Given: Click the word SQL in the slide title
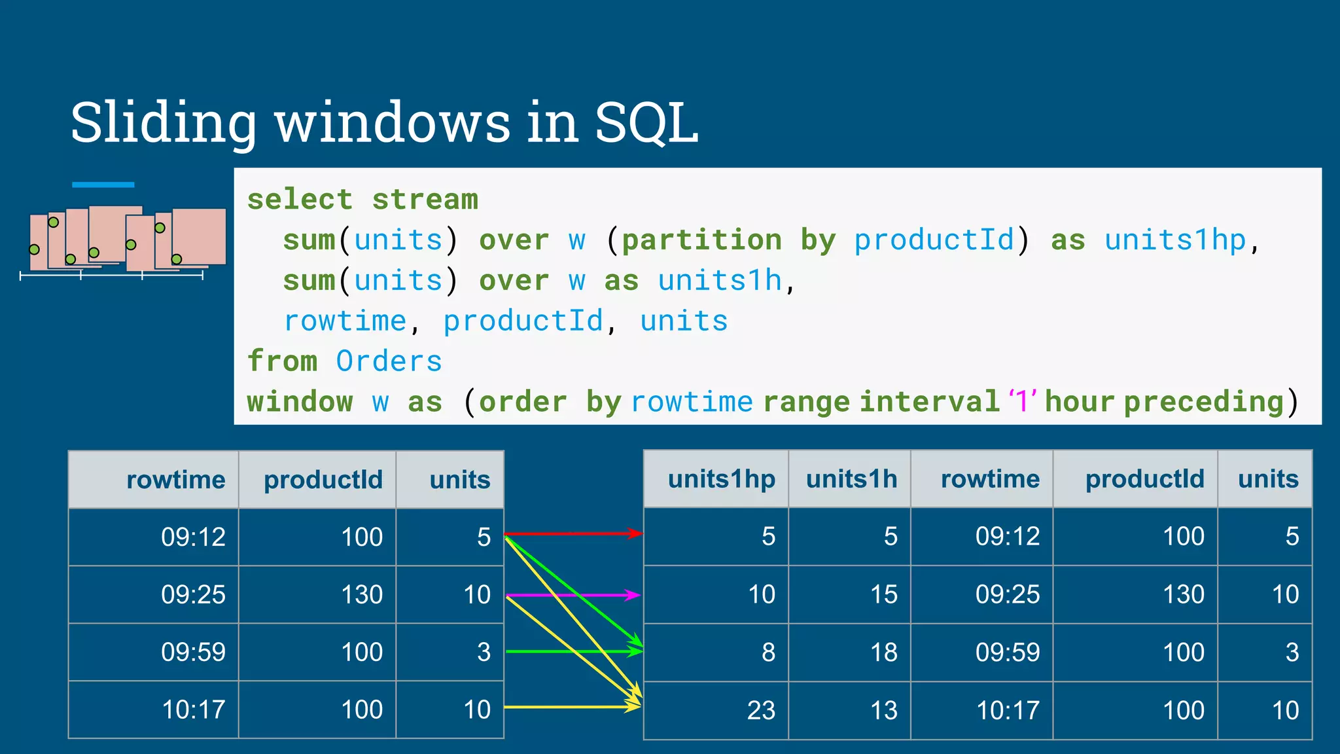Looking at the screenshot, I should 646,122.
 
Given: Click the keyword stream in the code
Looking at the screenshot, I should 425,200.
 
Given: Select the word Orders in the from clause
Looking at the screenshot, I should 389,361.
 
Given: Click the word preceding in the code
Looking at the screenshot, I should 1204,402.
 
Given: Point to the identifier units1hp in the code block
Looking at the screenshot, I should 1174,240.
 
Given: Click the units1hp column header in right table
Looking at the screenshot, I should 721,479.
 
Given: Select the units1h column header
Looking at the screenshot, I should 851,479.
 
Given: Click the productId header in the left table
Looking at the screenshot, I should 323,480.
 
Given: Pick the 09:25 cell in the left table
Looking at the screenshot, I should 193,594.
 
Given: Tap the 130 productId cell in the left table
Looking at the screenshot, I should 361,594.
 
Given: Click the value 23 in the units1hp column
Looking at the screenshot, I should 761,710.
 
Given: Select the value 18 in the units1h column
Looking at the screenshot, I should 883,653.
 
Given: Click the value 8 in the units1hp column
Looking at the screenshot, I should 768,653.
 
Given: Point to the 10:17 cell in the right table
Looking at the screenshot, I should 1008,710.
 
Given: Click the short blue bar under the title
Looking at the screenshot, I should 103,185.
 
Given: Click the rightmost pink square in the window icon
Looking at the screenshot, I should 199,236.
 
